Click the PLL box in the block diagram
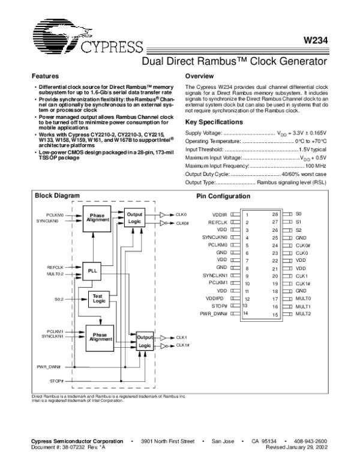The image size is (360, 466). pyautogui.click(x=91, y=271)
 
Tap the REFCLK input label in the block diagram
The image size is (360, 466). pyautogui.click(x=55, y=267)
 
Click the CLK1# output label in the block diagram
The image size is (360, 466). pyautogui.click(x=182, y=345)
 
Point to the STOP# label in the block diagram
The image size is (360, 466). pyautogui.click(x=57, y=381)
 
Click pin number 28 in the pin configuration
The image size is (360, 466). pyautogui.click(x=275, y=214)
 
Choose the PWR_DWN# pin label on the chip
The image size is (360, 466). pyautogui.click(x=214, y=313)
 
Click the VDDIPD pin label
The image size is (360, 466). pyautogui.click(x=218, y=298)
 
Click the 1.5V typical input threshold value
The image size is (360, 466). pyautogui.click(x=312, y=148)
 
